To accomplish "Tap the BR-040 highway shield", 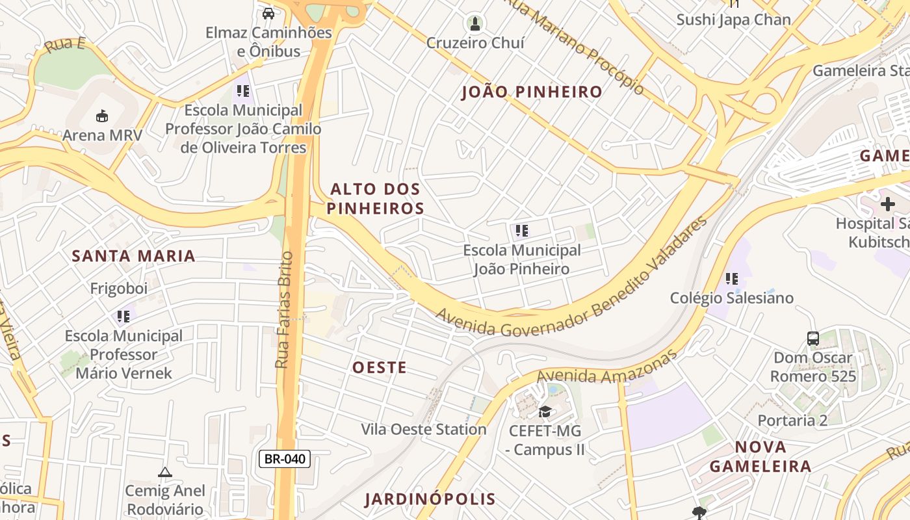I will click(285, 459).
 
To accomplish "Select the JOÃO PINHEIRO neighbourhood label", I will click(532, 92).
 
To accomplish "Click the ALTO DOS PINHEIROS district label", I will click(375, 199).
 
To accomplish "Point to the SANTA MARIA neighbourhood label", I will click(133, 256).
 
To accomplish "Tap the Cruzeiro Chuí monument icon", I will click(475, 25).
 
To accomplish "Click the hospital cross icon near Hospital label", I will click(887, 204).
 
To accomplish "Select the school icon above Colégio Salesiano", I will click(732, 279).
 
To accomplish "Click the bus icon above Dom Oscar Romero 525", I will click(812, 338).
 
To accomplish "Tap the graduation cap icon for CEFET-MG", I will click(545, 411).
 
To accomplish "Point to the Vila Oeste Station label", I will click(424, 430).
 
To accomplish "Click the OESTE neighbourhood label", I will click(380, 368).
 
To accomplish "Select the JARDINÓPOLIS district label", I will click(430, 499).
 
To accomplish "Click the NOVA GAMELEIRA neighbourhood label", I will click(760, 456).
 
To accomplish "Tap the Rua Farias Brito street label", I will click(284, 310).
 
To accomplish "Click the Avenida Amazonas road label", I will click(606, 368).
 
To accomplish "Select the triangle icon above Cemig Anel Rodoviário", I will click(164, 473).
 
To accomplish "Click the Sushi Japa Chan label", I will click(733, 19).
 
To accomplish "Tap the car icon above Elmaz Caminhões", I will click(268, 13).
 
